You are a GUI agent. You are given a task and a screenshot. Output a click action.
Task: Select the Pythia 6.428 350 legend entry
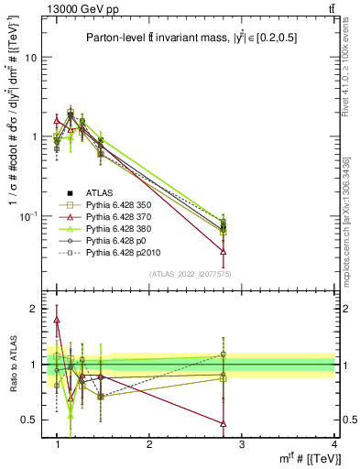[x=113, y=204]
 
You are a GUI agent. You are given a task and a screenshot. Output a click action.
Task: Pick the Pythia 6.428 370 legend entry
[x=113, y=216]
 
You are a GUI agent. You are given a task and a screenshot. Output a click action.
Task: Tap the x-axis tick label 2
[x=149, y=443]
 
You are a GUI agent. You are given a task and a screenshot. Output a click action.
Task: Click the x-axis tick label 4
[x=333, y=443]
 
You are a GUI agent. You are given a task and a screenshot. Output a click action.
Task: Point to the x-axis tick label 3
[x=241, y=443]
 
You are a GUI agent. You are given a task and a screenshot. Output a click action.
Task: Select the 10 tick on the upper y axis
[x=29, y=58]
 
